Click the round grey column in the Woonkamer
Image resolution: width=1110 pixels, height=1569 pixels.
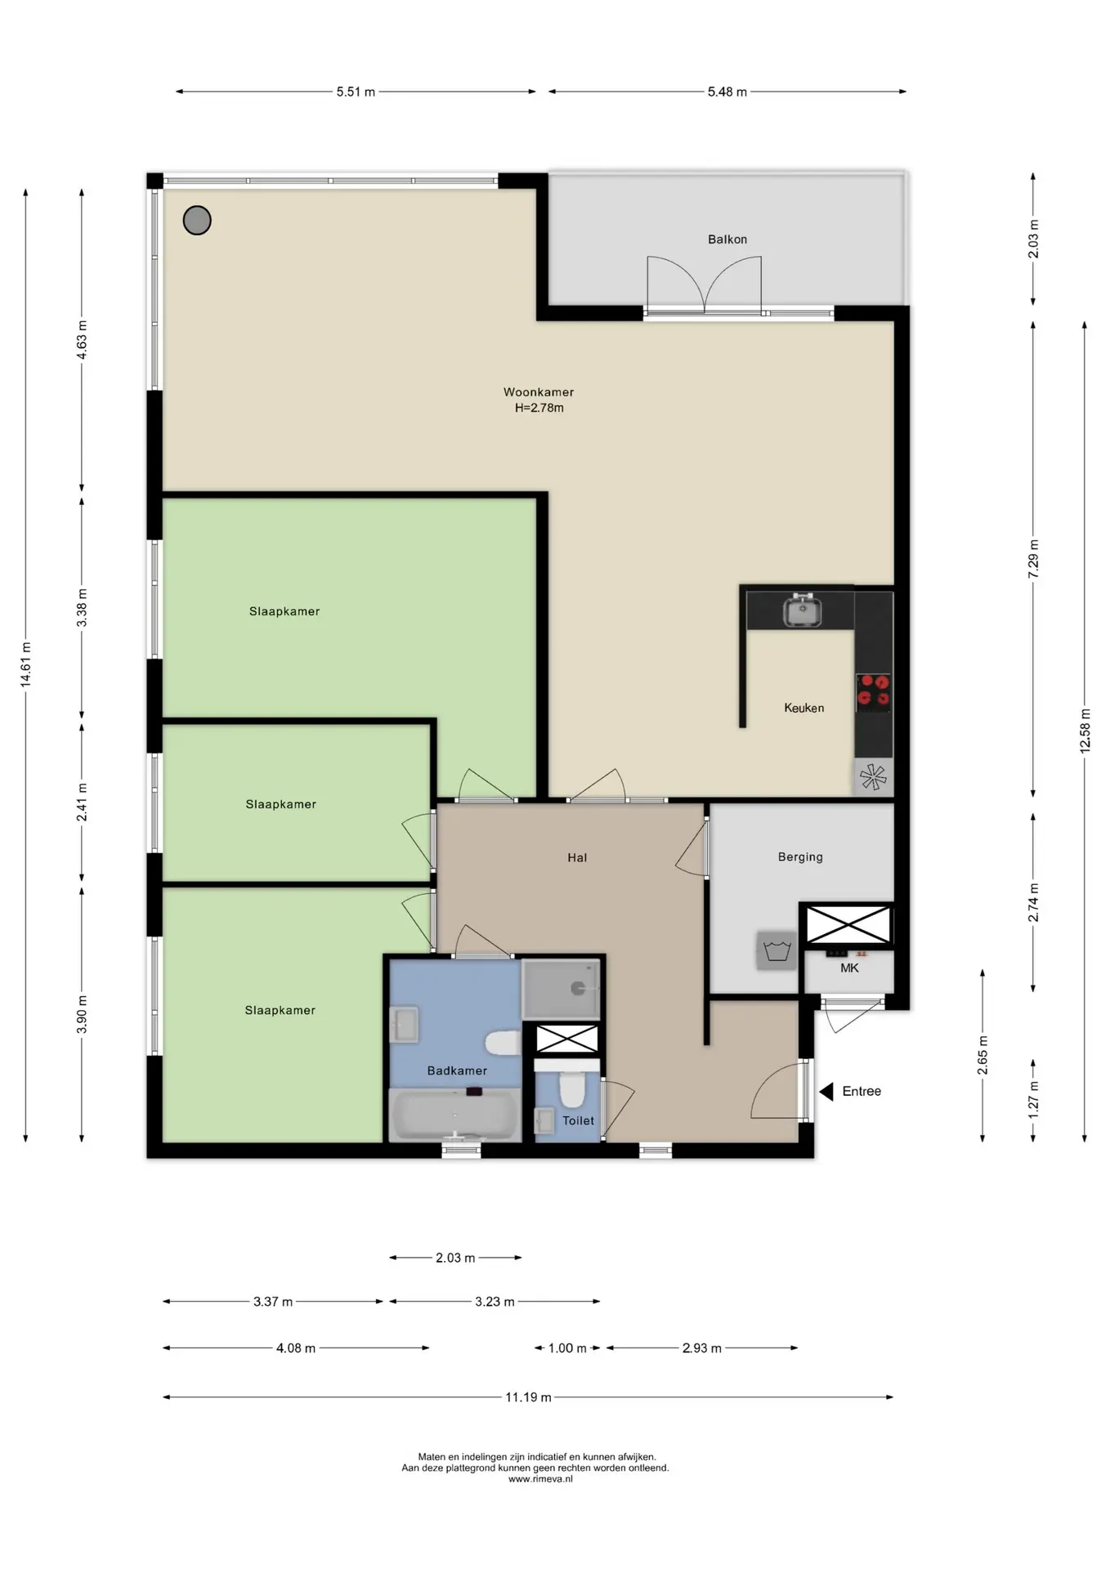(197, 220)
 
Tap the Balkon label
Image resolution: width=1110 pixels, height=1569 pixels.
(727, 239)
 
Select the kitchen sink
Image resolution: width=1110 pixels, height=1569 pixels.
(803, 610)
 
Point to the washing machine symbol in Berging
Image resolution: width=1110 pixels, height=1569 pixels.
(777, 950)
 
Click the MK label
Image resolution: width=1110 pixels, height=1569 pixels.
(849, 968)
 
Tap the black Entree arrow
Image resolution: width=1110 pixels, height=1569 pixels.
(826, 1091)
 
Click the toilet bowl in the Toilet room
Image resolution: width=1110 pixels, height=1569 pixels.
(571, 1087)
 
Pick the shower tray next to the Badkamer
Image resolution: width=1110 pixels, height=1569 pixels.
(561, 989)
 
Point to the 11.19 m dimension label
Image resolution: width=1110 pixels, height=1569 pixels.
(528, 1397)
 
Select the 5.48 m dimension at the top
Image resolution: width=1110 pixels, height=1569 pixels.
(727, 92)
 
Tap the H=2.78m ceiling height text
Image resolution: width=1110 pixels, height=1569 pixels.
(539, 408)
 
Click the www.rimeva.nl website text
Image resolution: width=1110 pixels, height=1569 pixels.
(540, 1478)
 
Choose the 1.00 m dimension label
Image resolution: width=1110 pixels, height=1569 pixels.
(567, 1348)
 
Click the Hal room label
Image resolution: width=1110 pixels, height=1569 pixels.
(577, 857)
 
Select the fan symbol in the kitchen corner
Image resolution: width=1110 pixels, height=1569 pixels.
(873, 776)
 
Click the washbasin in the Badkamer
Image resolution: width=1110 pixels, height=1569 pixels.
(404, 1025)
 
